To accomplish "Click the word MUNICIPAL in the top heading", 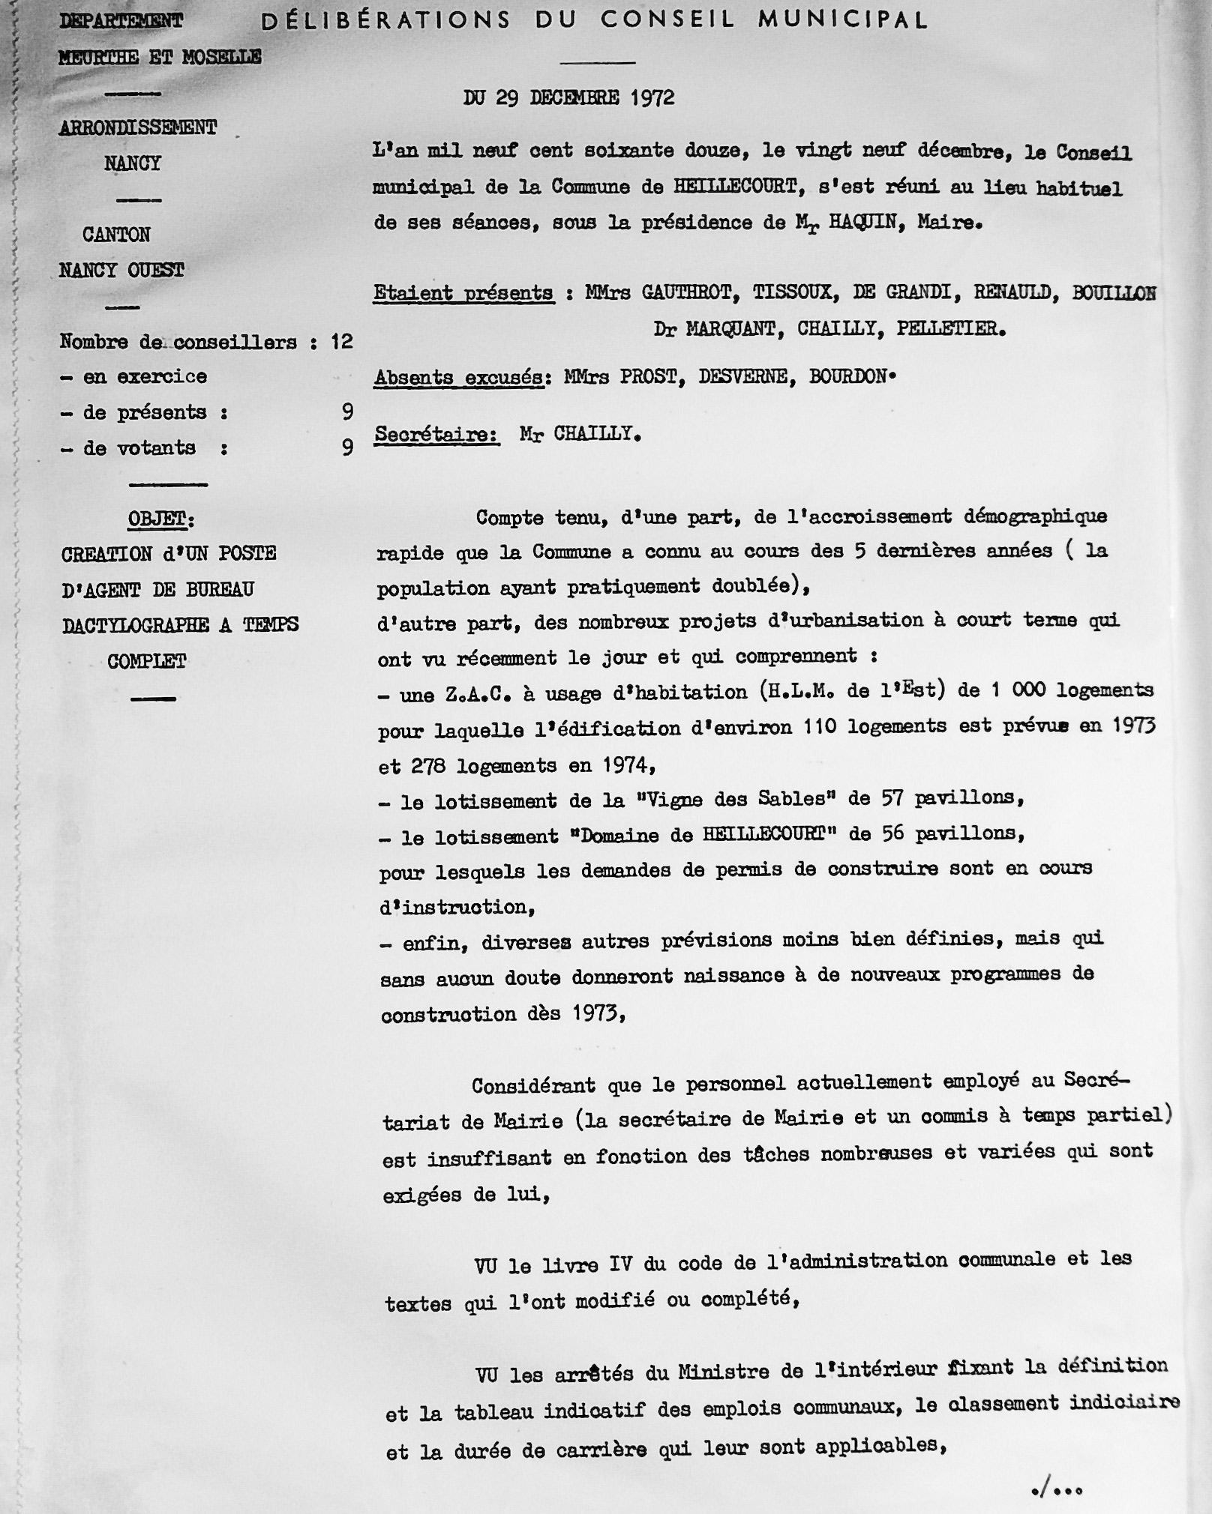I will coord(843,19).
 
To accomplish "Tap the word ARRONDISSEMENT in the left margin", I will coord(138,127).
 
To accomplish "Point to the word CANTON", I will coord(116,235).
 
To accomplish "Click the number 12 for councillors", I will coord(341,342).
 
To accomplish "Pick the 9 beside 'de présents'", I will coord(346,411).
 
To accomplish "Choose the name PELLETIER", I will coord(949,328).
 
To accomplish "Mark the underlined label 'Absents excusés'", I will coord(458,377).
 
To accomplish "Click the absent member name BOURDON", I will coord(847,376).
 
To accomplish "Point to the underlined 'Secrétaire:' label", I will coord(436,435).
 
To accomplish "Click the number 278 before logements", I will coord(429,766).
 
